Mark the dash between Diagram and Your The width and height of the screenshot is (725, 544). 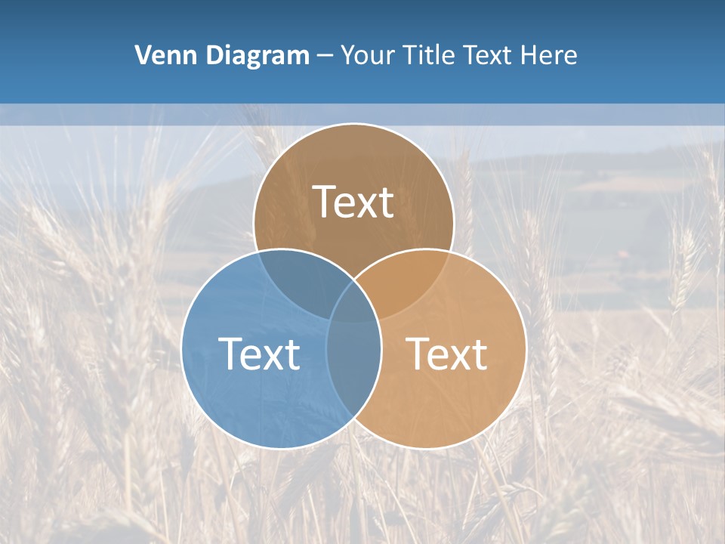point(325,56)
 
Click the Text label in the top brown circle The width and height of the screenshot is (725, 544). point(353,202)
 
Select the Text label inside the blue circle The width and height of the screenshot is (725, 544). point(259,354)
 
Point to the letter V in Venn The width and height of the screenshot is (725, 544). point(143,55)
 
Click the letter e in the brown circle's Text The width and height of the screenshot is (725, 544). point(346,205)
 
